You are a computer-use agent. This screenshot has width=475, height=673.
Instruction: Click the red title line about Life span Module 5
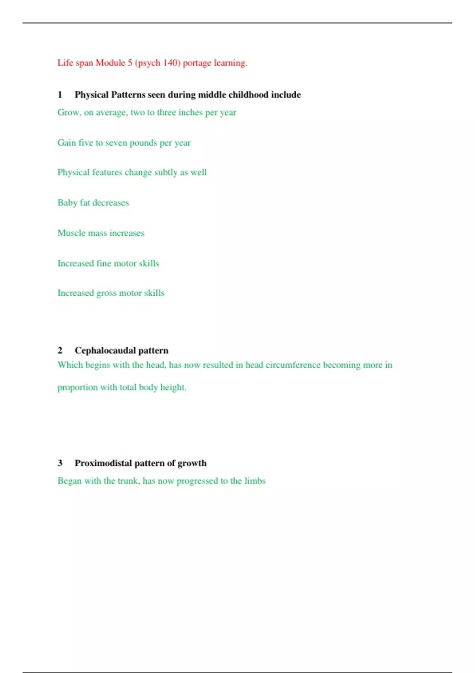pyautogui.click(x=152, y=63)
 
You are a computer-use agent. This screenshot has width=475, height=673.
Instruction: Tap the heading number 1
pyautogui.click(x=60, y=95)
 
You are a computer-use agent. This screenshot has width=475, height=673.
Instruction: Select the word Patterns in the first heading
pyautogui.click(x=128, y=95)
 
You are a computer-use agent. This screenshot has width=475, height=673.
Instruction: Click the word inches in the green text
pyautogui.click(x=190, y=112)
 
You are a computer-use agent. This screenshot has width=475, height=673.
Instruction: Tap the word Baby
pyautogui.click(x=67, y=203)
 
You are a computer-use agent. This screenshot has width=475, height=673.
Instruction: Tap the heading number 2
pyautogui.click(x=60, y=350)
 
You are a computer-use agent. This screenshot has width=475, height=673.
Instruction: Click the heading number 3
pyautogui.click(x=60, y=463)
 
